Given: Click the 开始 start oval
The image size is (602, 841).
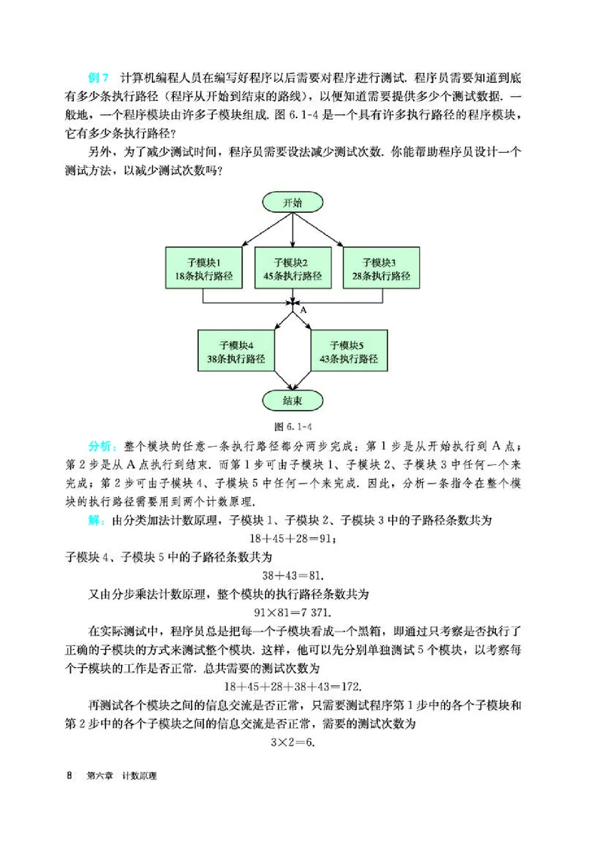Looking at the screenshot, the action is pyautogui.click(x=293, y=203).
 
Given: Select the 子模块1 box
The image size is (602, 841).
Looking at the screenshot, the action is pyautogui.click(x=203, y=269).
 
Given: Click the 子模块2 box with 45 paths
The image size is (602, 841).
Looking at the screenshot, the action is pyautogui.click(x=293, y=269).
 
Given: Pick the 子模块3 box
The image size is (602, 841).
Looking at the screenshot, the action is pyautogui.click(x=381, y=269).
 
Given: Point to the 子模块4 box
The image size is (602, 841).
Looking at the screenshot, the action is pyautogui.click(x=236, y=351).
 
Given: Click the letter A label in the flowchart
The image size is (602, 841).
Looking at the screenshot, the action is pyautogui.click(x=303, y=309).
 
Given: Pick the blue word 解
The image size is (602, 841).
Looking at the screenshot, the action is pyautogui.click(x=96, y=521).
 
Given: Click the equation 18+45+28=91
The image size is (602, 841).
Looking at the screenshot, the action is pyautogui.click(x=292, y=539).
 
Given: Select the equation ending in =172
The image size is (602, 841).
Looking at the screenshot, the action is pyautogui.click(x=292, y=686).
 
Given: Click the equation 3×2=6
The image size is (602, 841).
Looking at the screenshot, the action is pyautogui.click(x=292, y=741).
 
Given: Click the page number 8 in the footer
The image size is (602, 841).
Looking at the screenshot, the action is pyautogui.click(x=68, y=776).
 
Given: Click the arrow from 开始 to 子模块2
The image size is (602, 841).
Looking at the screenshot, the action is pyautogui.click(x=293, y=229).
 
